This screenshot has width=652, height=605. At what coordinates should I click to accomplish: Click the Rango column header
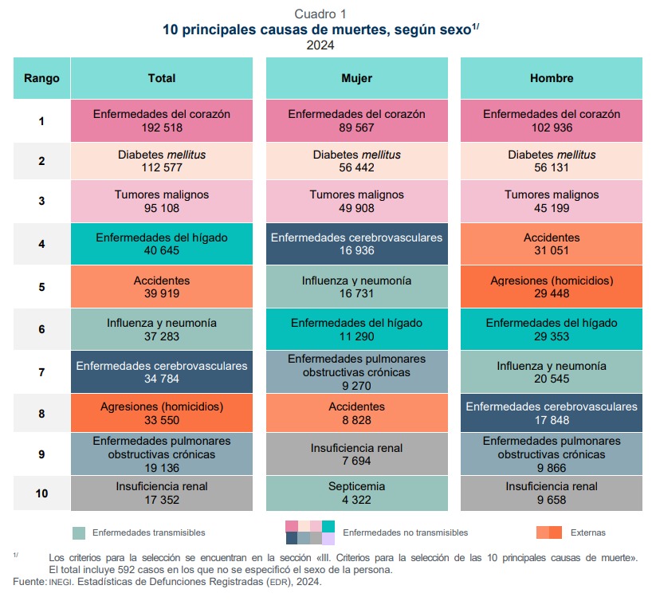41,78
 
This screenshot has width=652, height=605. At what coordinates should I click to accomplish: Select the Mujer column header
356,78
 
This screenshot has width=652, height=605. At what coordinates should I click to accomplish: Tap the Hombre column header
551,78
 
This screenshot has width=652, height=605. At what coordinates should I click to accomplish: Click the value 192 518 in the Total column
161,128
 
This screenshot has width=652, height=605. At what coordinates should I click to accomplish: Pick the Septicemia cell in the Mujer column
356,493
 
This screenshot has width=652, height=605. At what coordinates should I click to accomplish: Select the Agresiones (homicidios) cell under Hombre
551,288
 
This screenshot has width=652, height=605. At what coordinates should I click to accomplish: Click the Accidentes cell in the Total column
161,288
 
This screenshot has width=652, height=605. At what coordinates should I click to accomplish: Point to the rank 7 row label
41,371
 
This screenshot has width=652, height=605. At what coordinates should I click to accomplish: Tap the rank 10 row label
41,493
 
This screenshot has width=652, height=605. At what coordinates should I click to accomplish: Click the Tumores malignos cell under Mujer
356,201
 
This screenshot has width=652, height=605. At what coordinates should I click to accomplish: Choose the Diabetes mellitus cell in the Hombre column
551,161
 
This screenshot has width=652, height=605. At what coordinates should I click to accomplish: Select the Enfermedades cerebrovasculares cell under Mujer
356,245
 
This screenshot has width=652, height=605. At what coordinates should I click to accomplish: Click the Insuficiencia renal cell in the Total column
161,493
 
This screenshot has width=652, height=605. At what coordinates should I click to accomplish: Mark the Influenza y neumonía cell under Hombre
551,372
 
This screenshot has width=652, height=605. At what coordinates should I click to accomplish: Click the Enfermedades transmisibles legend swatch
78,532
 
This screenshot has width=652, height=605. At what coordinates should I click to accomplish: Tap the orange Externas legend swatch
549,532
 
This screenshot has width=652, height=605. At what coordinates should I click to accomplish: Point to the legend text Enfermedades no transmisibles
405,532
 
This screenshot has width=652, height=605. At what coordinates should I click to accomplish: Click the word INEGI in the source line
65,582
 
